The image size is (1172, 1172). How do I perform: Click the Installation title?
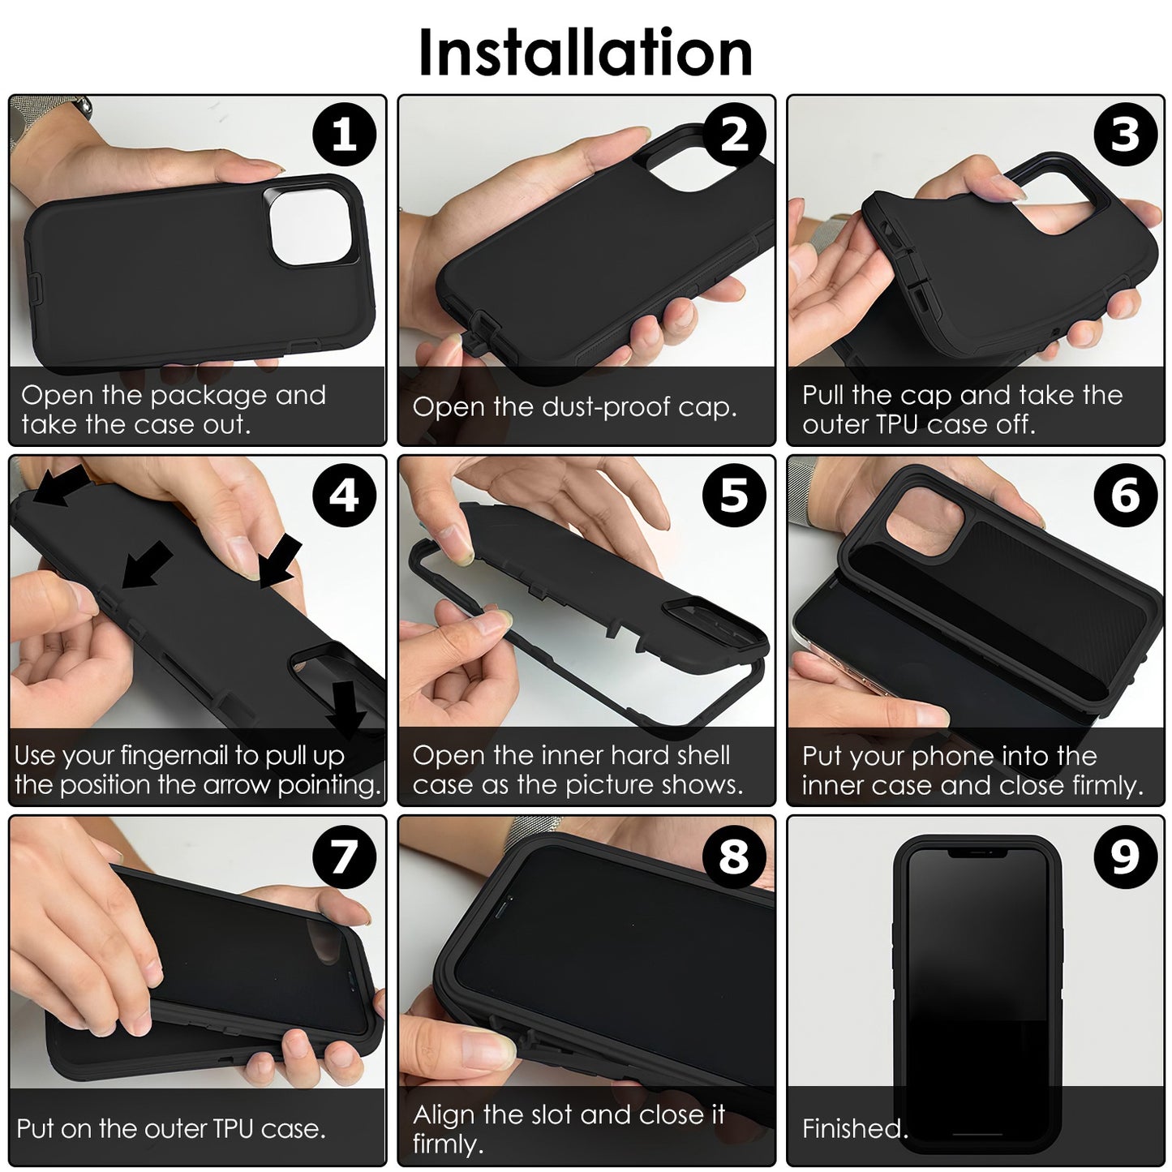tap(585, 53)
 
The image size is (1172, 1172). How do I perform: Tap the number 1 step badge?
tap(345, 135)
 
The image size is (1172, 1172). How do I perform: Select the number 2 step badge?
tap(734, 135)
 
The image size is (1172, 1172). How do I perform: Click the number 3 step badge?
tap(1125, 135)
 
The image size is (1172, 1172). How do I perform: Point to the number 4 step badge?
tap(345, 495)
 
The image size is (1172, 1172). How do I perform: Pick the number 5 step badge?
tap(734, 495)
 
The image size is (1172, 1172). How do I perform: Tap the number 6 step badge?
tap(1125, 495)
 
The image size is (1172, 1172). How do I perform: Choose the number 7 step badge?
tap(345, 856)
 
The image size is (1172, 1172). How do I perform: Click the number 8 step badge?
tap(734, 856)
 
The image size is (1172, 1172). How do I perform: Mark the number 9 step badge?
tap(1125, 856)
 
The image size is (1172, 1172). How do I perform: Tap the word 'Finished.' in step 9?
tap(854, 1128)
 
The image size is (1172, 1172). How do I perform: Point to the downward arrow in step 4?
tap(348, 708)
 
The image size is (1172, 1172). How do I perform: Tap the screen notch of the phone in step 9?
tap(977, 853)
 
